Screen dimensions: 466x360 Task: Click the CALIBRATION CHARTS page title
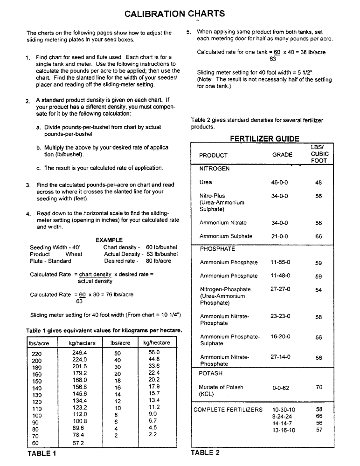click(174, 14)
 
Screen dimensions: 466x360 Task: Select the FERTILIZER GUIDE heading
click(264, 139)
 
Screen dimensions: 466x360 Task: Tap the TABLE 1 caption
click(42, 453)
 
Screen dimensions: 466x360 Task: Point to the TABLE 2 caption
click(205, 452)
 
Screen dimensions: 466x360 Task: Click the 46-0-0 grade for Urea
click(279, 183)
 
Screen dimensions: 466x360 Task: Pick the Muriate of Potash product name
click(221, 387)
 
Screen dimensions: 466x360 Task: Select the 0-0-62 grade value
click(281, 388)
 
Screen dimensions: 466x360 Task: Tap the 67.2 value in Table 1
click(78, 443)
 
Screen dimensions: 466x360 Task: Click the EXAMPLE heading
click(109, 240)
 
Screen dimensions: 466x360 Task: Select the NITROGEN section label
click(215, 169)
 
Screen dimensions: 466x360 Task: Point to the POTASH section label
click(211, 373)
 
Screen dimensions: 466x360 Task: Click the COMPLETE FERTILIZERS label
click(228, 410)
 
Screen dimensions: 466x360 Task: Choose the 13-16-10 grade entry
click(284, 430)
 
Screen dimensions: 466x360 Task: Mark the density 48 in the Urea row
click(318, 183)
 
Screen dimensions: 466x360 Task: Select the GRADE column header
click(282, 155)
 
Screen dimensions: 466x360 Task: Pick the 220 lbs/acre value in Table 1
click(36, 354)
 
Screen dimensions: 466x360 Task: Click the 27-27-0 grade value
click(280, 289)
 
